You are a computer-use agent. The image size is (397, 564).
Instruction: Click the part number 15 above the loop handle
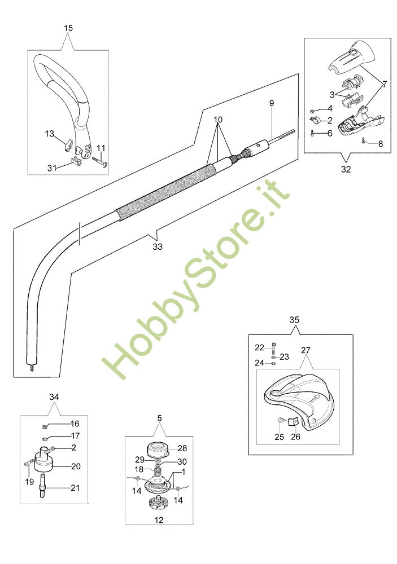68,28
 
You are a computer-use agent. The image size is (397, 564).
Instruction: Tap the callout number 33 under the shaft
158,246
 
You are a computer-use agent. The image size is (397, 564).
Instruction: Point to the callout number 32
346,169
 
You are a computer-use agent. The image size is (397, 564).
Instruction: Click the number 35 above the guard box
294,319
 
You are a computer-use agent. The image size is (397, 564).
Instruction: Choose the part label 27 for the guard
306,350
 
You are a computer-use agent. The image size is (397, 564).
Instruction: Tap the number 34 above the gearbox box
54,397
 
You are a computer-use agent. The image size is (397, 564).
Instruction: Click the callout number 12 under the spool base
159,520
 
